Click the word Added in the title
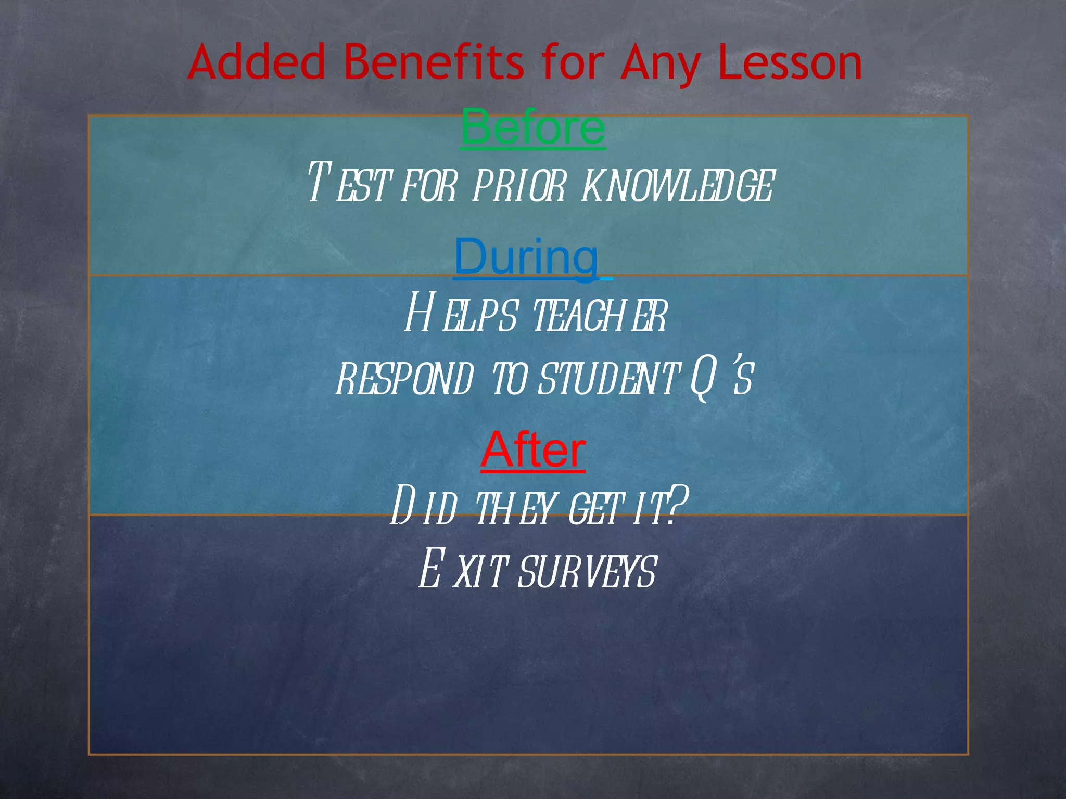[256, 62]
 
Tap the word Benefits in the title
[434, 62]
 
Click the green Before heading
[533, 127]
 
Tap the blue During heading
[527, 257]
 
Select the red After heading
[533, 450]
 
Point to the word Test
[348, 183]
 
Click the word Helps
[461, 313]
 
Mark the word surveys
[588, 571]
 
